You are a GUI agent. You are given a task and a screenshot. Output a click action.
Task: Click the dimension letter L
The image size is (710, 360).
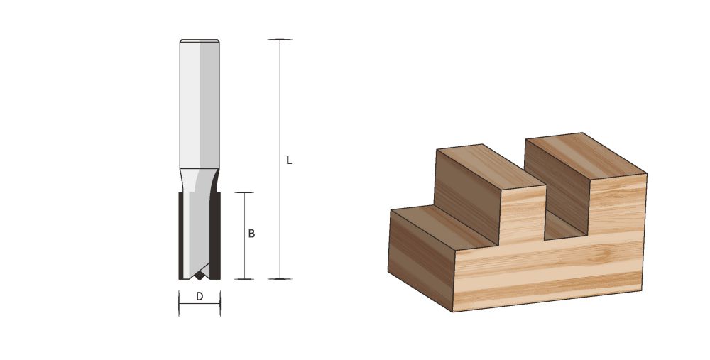(x=289, y=160)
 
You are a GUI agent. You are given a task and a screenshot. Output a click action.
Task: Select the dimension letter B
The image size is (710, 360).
(x=251, y=234)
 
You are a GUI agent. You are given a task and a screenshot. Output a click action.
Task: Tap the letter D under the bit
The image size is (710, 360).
(x=200, y=297)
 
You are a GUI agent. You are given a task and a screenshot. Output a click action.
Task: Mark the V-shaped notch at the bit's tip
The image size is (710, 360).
(x=200, y=273)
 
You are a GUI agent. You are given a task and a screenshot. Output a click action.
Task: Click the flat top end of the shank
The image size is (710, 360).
(x=199, y=41)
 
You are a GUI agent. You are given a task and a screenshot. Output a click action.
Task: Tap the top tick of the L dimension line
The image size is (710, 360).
(x=280, y=40)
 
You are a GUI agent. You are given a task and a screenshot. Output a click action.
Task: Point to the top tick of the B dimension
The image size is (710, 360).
(x=244, y=192)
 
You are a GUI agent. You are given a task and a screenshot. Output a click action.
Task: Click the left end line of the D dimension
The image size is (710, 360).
(x=178, y=304)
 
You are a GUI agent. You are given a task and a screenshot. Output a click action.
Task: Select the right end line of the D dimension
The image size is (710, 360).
(x=220, y=304)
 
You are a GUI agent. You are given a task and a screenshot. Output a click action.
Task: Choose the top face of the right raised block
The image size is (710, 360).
(x=584, y=153)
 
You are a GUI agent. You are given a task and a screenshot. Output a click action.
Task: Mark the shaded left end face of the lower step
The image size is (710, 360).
(x=420, y=259)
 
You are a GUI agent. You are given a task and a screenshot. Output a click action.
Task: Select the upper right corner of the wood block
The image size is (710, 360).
(x=646, y=173)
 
